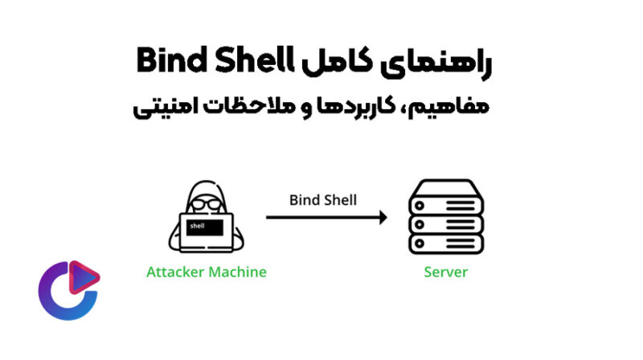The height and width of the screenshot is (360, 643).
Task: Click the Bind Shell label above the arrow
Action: [x=323, y=200]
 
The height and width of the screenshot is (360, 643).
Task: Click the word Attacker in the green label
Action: [x=176, y=272]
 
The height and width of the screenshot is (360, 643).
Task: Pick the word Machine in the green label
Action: [x=237, y=272]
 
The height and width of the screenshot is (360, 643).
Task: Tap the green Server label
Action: [x=445, y=272]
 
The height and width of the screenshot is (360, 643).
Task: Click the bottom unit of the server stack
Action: [x=445, y=242]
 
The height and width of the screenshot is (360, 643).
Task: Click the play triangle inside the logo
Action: [x=85, y=277]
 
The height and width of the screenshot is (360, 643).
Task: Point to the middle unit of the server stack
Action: [x=445, y=223]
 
